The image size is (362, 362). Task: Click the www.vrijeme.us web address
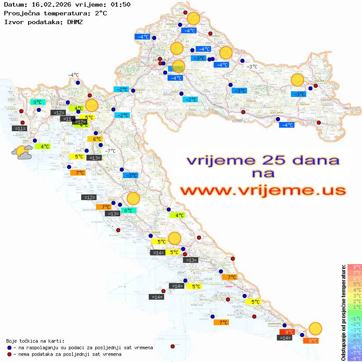262,190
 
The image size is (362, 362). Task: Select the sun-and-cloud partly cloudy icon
22,152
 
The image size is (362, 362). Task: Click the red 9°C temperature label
287,332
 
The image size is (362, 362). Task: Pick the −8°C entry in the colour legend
355,358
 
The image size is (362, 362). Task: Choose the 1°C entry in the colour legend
355,307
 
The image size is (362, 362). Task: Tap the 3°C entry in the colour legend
355,295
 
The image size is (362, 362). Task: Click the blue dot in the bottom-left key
10,348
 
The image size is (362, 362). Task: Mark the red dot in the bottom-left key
10,354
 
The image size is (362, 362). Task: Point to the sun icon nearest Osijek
297,80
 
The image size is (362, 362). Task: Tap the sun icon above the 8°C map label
315,328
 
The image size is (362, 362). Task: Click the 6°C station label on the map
97,139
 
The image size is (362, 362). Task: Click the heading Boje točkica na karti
35,341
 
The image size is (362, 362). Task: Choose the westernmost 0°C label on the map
38,102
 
